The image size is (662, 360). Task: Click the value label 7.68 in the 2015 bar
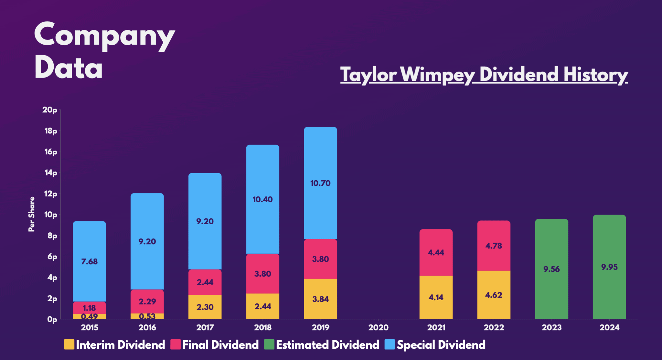[x=89, y=261]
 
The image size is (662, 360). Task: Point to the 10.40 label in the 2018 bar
[x=262, y=199]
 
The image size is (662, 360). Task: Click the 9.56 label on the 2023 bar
[x=551, y=269]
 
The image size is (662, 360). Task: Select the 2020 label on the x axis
[x=378, y=327]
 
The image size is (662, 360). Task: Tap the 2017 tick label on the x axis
[x=205, y=327]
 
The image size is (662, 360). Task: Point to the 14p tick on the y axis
[x=50, y=173]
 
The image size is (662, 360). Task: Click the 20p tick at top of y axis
[x=50, y=110]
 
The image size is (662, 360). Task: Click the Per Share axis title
[x=31, y=214]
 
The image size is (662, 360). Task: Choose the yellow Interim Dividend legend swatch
[x=69, y=344]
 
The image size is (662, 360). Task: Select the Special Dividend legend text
[x=441, y=345]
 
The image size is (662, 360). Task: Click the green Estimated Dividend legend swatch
[x=269, y=344]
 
